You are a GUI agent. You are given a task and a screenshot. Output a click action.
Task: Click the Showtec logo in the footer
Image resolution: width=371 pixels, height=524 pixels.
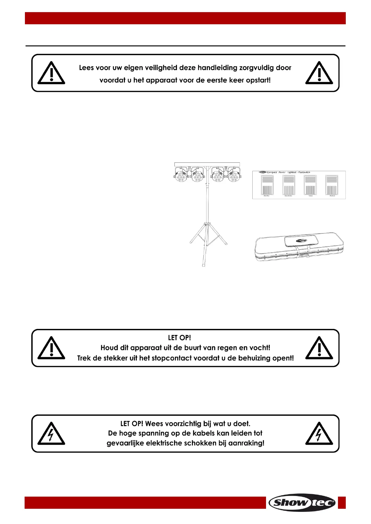click(x=302, y=502)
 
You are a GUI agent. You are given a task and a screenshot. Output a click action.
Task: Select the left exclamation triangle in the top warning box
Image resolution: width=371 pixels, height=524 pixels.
click(x=51, y=73)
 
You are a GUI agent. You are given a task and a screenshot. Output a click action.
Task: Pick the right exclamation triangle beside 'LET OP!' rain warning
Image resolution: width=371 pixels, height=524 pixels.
click(x=319, y=348)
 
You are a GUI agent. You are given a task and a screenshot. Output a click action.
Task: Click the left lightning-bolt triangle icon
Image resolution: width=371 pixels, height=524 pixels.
click(x=51, y=434)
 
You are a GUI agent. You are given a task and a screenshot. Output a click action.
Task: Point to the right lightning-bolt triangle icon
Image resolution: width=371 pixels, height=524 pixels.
click(x=319, y=434)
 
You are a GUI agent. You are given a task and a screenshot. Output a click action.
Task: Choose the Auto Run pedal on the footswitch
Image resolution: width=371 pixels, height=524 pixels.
click(x=267, y=185)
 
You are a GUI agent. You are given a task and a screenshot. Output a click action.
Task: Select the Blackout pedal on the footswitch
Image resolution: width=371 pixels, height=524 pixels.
click(x=332, y=185)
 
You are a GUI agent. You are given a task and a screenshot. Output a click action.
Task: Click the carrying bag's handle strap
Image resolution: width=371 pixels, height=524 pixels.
click(x=301, y=251)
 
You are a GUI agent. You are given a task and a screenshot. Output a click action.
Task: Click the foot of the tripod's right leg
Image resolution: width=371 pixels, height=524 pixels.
click(x=226, y=244)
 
